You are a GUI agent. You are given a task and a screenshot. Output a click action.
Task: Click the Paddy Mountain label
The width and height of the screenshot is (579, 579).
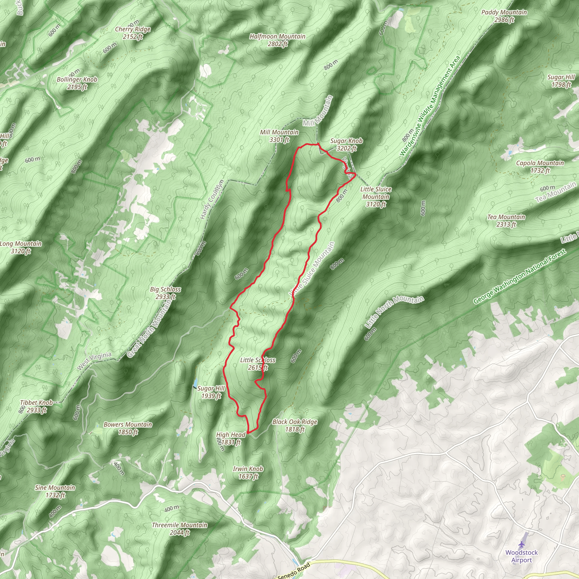coord(504,16)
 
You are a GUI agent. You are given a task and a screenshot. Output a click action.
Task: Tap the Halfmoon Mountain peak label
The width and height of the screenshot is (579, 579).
coord(278,40)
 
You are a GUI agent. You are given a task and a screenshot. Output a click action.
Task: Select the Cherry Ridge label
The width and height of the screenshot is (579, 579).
coord(133,33)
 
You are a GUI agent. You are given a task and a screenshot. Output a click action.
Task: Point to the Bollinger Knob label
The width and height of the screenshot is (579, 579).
coord(77,83)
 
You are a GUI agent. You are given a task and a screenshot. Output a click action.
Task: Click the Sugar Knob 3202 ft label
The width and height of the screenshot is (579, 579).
coord(346,144)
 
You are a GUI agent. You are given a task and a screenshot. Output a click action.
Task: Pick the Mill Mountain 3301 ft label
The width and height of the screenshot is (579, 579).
coord(279,136)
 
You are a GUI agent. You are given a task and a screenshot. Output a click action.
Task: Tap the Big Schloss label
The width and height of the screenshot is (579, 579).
coord(165,293)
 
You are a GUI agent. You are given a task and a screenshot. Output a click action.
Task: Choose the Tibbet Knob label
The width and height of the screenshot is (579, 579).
coord(36,406)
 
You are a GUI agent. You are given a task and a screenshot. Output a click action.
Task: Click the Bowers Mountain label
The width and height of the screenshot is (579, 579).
coord(128,428)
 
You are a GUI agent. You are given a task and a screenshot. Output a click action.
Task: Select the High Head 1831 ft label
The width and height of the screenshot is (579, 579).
coord(231,438)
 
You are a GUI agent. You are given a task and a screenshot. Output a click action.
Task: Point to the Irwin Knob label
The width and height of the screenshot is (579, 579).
coord(248,472)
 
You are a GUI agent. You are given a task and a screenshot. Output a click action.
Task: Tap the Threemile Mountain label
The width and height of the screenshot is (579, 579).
coord(180,529)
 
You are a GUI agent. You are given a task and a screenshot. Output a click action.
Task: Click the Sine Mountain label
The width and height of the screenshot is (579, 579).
coord(55,491)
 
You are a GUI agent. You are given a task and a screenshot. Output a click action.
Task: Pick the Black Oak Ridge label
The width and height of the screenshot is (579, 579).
coord(295,425)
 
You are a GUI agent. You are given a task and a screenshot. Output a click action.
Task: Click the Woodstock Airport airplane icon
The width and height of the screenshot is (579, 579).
coord(522,544)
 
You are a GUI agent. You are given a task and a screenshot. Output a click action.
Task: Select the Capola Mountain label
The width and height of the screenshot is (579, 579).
coord(540,167)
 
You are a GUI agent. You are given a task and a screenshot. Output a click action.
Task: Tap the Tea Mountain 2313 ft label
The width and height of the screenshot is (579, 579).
coord(506,221)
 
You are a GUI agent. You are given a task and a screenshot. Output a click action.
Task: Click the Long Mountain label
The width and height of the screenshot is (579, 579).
coord(21,247)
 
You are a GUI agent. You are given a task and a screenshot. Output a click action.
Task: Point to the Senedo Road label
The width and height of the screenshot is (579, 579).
coord(294,571)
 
